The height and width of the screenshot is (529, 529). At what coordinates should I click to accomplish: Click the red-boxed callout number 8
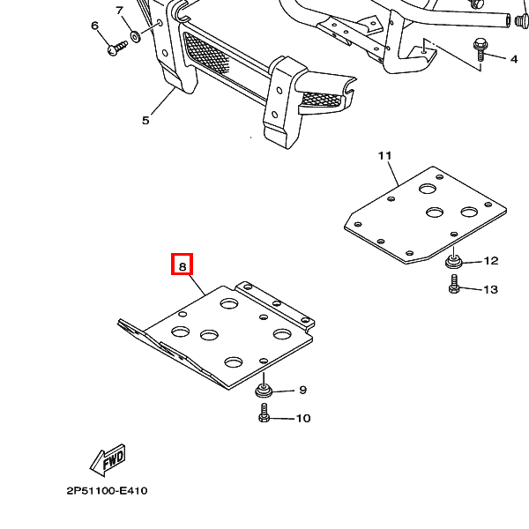click(x=182, y=264)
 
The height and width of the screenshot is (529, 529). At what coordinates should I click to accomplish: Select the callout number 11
click(x=384, y=156)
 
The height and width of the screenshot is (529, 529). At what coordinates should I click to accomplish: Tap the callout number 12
click(x=491, y=261)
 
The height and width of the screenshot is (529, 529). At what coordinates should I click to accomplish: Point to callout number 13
click(x=491, y=289)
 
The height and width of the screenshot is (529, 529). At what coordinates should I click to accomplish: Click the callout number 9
click(x=302, y=390)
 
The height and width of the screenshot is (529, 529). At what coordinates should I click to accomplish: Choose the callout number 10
click(x=302, y=418)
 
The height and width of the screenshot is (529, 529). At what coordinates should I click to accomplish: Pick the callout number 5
click(x=146, y=121)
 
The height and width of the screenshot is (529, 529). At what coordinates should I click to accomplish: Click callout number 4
click(x=513, y=59)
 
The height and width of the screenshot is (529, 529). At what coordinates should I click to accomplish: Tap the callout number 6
click(x=95, y=26)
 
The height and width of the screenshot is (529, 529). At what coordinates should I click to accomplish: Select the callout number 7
click(x=120, y=11)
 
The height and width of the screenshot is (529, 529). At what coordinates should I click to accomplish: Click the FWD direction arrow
click(x=108, y=459)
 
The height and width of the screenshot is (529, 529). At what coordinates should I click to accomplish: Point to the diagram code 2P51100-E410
click(x=106, y=491)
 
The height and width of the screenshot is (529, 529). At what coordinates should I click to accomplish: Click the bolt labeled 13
click(x=454, y=285)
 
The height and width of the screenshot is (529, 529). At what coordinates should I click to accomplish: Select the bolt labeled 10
click(x=264, y=414)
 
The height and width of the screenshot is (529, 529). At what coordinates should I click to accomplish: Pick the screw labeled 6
click(x=115, y=49)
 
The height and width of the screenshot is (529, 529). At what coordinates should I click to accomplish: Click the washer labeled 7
click(x=137, y=37)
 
